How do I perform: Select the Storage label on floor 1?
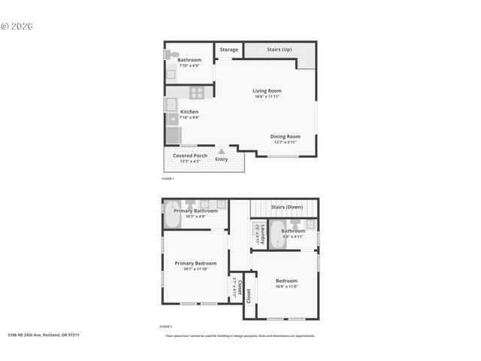229,50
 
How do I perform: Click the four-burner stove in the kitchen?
196,93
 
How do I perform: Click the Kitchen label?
189,112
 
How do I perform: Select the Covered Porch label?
190,156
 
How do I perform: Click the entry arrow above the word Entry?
221,150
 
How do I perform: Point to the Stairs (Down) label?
287,207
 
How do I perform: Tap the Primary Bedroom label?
195,263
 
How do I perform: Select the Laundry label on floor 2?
257,234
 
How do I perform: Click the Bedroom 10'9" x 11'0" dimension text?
286,287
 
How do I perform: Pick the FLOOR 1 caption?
168,178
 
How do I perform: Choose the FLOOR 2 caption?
166,326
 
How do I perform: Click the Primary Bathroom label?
195,211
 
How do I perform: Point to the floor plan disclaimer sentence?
240,335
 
